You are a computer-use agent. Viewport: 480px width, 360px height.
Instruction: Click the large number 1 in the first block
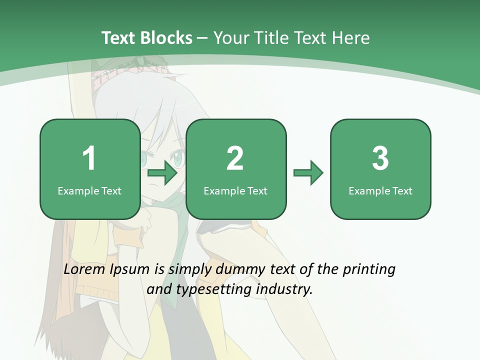(x=89, y=158)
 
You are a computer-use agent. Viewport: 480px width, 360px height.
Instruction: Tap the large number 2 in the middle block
(x=235, y=158)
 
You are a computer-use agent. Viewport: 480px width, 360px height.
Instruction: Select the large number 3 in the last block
(x=380, y=158)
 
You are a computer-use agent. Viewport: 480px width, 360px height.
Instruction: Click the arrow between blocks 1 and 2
(x=162, y=173)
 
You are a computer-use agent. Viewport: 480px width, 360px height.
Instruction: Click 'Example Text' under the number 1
(x=89, y=190)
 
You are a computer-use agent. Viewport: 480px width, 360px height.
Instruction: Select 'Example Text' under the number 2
(x=235, y=190)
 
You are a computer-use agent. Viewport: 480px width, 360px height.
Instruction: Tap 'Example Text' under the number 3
(x=380, y=190)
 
